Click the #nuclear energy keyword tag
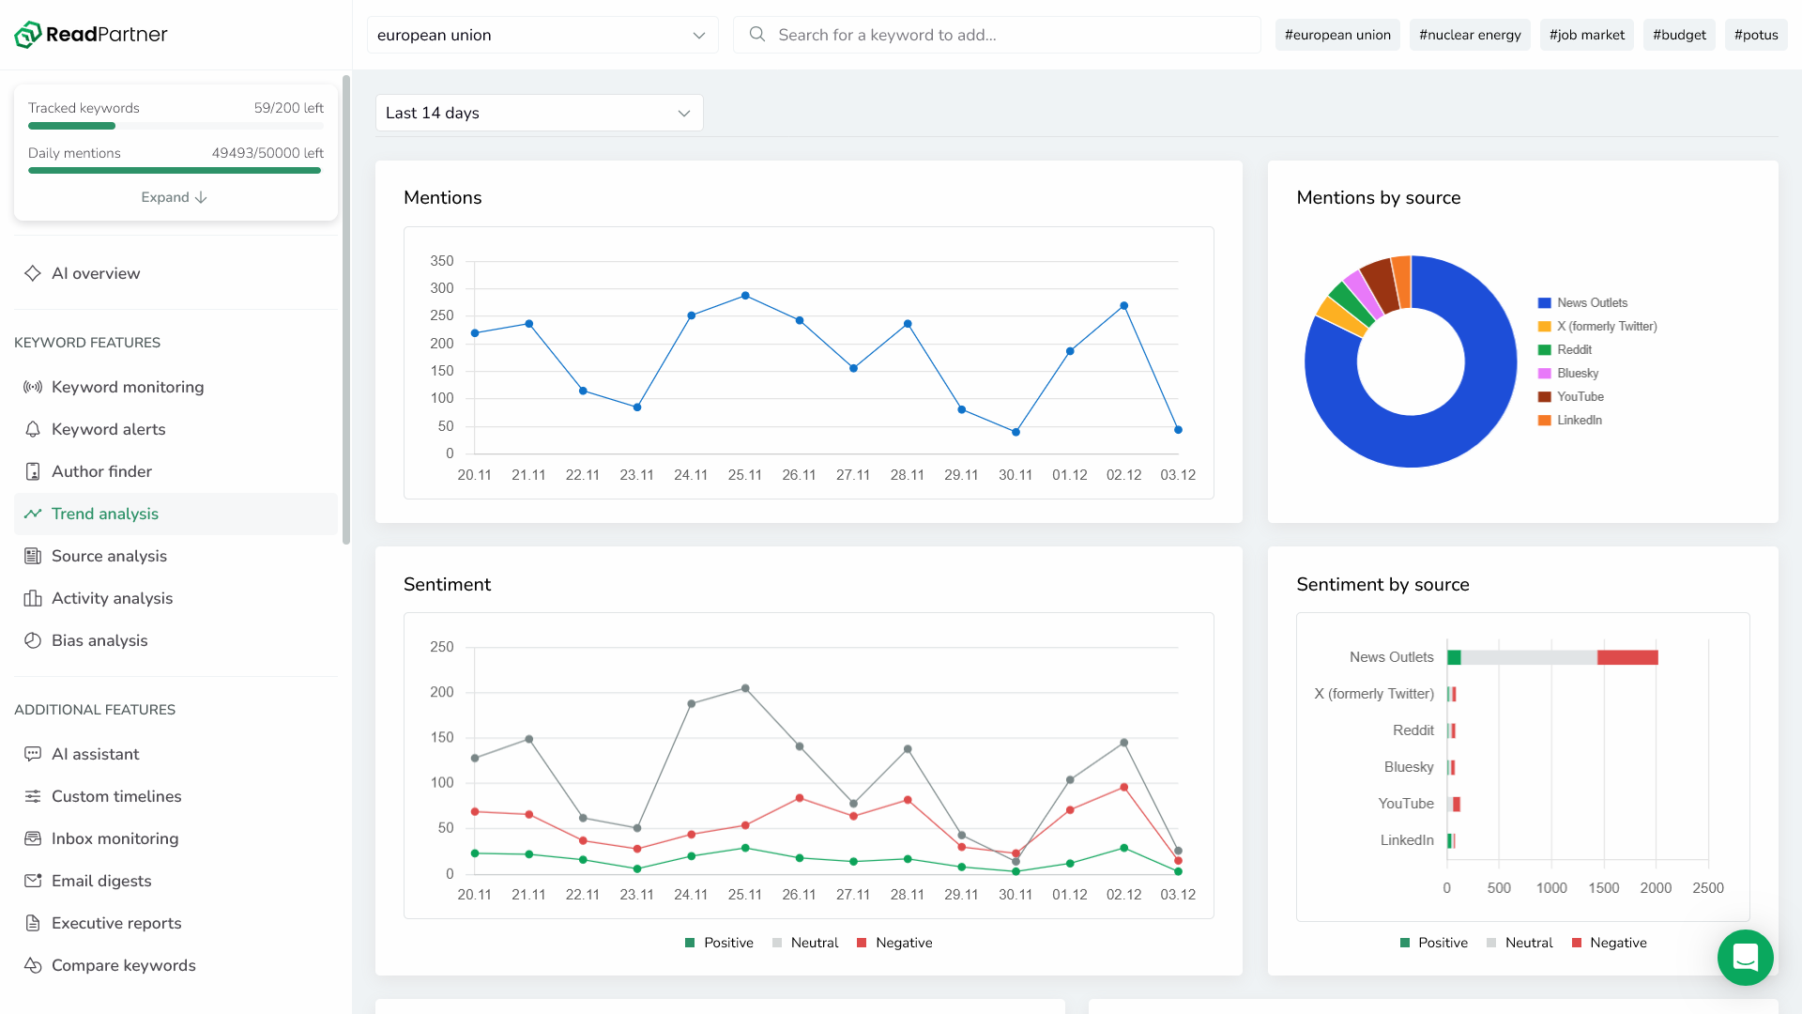1470,35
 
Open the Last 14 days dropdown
539,113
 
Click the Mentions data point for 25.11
745,296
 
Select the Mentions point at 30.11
1016,432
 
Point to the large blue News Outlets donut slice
1464,413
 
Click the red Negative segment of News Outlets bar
1627,657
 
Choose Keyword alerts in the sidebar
108,429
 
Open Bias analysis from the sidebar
99,640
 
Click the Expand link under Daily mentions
174,197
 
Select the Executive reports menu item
116,923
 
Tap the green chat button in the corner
1745,957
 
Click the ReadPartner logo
91,35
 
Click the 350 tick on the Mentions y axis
441,261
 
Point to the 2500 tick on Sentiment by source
1707,888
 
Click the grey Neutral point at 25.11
745,688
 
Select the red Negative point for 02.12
1123,788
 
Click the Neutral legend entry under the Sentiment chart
804,943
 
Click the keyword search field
997,35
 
